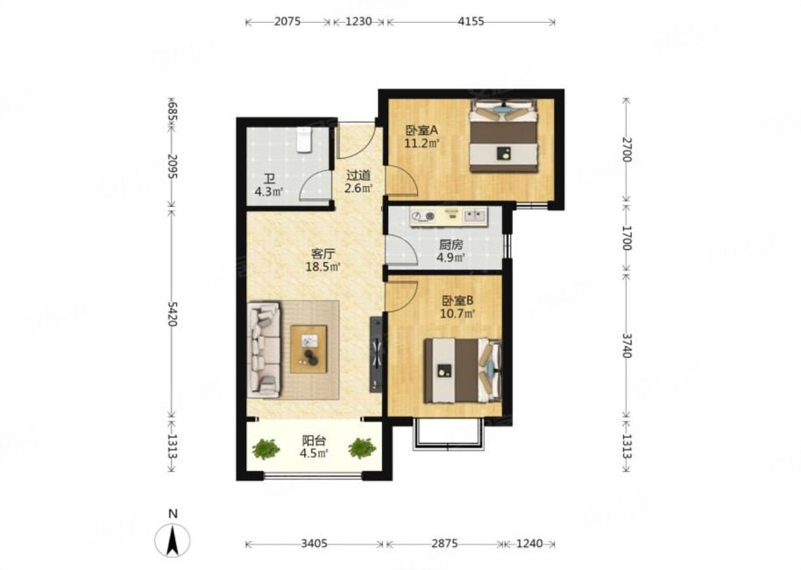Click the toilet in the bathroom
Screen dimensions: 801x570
tap(304, 140)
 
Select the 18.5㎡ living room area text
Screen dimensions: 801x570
tap(323, 267)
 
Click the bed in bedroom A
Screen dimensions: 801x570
tap(504, 135)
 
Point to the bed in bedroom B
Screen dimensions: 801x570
tap(463, 370)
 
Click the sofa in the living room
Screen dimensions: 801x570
tap(264, 350)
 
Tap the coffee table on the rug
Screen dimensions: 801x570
tap(308, 349)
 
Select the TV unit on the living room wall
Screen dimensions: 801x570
tap(376, 354)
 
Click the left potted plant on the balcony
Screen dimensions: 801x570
tap(266, 449)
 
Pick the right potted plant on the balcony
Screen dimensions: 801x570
tap(362, 448)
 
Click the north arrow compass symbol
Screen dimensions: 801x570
tap(174, 539)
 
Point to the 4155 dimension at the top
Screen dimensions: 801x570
tap(471, 22)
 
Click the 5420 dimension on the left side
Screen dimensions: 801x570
tap(172, 314)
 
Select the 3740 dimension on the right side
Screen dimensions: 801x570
tap(627, 345)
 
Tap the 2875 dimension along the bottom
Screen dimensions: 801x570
tap(444, 544)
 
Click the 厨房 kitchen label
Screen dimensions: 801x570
tap(450, 245)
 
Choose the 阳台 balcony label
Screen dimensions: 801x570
tap(314, 441)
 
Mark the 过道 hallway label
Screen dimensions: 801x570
tap(358, 176)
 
